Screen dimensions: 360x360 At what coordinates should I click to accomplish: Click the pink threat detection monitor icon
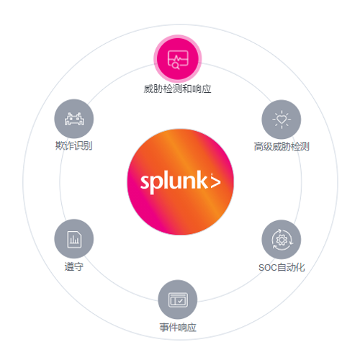[178, 59]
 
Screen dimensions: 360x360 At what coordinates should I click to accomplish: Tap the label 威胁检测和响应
[177, 89]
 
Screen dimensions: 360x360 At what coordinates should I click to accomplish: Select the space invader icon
[74, 119]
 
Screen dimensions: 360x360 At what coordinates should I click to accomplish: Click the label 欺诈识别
[74, 145]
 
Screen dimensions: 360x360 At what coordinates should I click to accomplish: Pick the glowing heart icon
[282, 120]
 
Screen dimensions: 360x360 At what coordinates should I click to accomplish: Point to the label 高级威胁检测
[282, 146]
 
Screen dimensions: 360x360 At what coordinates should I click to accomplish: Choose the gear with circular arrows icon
[282, 240]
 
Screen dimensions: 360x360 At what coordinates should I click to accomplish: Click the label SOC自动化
[282, 267]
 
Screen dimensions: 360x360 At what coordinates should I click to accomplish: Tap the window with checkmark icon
[178, 300]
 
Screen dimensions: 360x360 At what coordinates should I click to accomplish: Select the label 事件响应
[178, 327]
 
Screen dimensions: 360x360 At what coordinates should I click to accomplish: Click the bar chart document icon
[74, 239]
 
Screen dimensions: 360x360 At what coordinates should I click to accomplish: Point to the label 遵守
[74, 266]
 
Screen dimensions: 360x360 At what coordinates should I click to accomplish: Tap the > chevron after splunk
[215, 182]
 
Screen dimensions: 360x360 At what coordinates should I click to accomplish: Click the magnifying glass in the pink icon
[176, 66]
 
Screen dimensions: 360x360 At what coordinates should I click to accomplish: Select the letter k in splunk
[202, 179]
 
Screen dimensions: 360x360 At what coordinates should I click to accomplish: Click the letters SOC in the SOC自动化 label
[268, 268]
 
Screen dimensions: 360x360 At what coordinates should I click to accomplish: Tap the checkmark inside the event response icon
[181, 301]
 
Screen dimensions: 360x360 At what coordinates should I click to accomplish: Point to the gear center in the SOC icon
[282, 240]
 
